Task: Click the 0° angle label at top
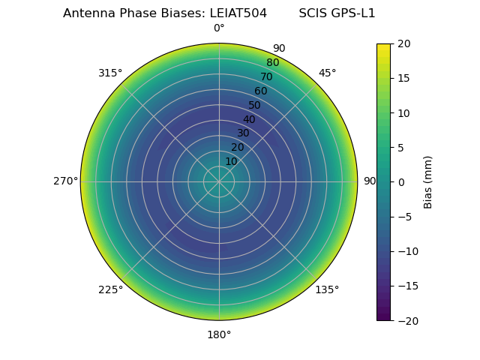click(219, 28)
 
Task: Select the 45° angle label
click(327, 73)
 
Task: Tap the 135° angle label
click(327, 289)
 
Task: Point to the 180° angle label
click(219, 334)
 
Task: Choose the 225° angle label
click(110, 289)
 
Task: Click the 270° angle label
click(65, 181)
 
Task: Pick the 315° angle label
click(110, 73)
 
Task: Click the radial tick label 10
click(231, 161)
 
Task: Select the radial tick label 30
click(243, 133)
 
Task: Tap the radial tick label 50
click(255, 105)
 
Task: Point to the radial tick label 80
click(272, 62)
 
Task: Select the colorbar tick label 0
click(400, 182)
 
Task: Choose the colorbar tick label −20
click(406, 320)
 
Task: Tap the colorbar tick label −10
click(406, 251)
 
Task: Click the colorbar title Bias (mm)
click(428, 182)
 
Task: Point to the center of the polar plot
click(219, 181)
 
